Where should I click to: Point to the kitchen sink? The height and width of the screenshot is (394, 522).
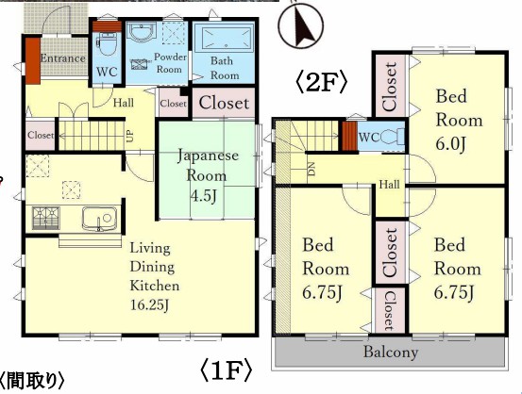pos(99,219)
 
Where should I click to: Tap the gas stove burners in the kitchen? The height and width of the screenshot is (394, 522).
pos(46,218)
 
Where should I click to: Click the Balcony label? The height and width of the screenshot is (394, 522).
pos(391,353)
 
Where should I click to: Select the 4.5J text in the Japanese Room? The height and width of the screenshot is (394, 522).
pos(203,196)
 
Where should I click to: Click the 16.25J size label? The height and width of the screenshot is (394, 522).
pos(149,304)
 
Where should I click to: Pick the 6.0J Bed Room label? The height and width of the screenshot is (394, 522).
pos(450,144)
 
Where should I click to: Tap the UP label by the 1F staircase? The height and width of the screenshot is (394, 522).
pos(130,136)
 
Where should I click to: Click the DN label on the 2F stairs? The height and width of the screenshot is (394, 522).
pos(312,171)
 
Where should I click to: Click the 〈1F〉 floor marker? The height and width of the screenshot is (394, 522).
pos(226,371)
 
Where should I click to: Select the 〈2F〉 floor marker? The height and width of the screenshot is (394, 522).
pos(322,83)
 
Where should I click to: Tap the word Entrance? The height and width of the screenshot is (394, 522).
pos(62,58)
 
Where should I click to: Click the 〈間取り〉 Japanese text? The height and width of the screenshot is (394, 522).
pos(32,381)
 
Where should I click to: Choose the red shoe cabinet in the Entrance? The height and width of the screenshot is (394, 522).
pos(33,61)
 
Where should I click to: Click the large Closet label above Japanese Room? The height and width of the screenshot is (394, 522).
pos(224,103)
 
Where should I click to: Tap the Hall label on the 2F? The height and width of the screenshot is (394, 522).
pos(389,184)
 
